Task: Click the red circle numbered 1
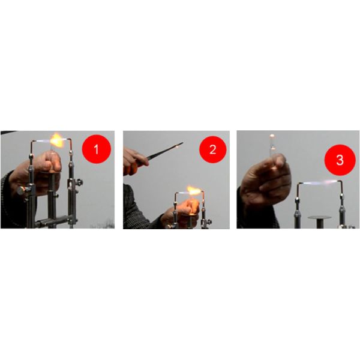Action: point(97,149)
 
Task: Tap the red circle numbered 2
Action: point(213,149)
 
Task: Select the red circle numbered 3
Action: point(340,160)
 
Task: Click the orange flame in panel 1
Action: point(57,140)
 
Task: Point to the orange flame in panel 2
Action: point(193,190)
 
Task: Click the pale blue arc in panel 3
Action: point(320,183)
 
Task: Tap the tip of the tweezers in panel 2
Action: point(182,143)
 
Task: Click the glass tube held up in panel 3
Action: point(273,147)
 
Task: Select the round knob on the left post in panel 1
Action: point(22,191)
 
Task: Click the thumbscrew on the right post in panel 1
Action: point(79,182)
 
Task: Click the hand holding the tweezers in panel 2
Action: point(134,161)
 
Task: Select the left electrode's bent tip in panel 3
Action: point(300,184)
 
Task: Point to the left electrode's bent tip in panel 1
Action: point(33,142)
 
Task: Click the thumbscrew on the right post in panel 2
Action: point(209,222)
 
